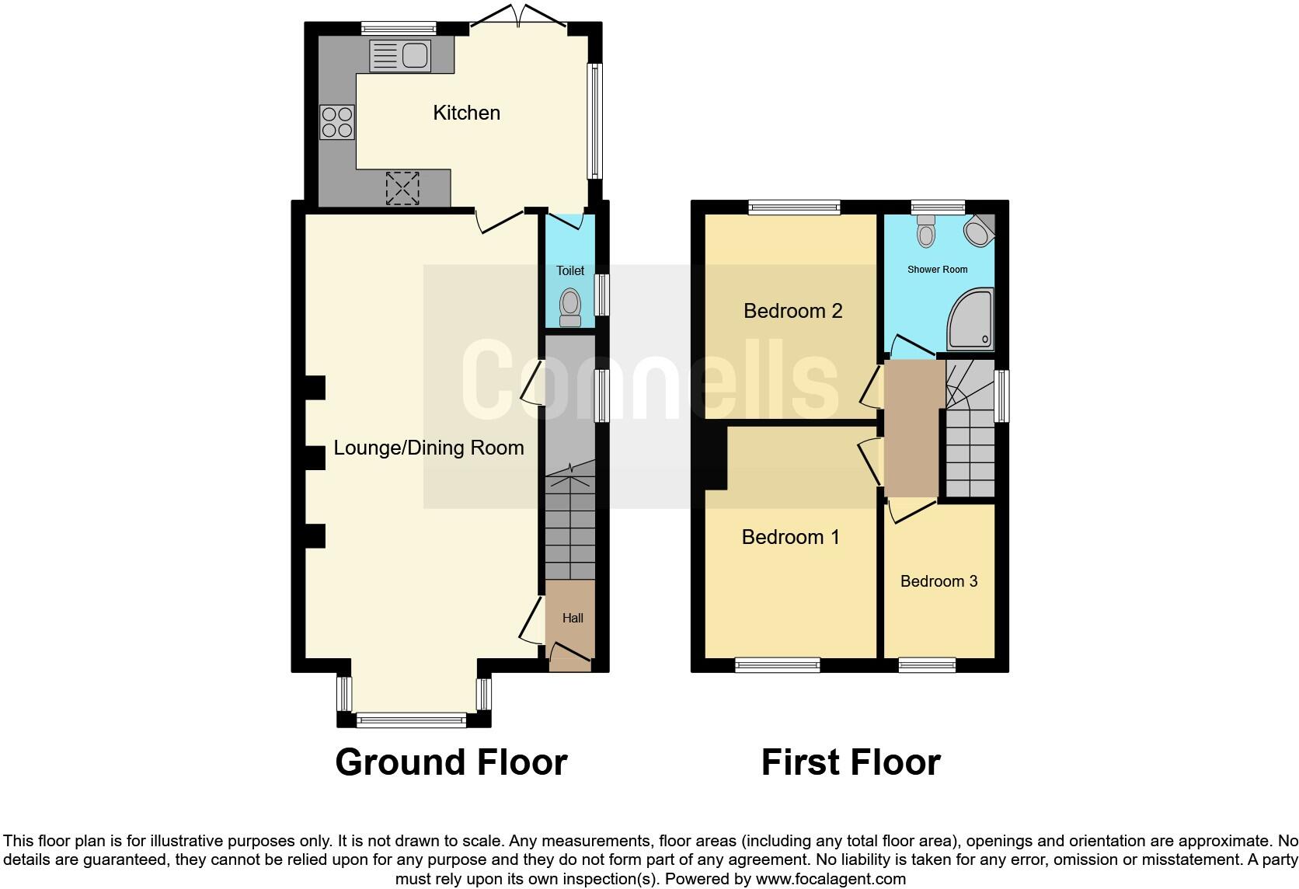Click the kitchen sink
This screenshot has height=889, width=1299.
(x=401, y=55)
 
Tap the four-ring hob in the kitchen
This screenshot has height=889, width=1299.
(x=337, y=122)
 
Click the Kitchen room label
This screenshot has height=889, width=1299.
(x=466, y=113)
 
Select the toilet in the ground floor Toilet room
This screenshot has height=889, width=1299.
(x=570, y=307)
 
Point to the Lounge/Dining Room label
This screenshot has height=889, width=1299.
(x=429, y=448)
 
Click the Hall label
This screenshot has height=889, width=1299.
(x=573, y=618)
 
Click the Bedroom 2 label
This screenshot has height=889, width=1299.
(x=792, y=311)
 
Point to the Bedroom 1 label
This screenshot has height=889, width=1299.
(x=790, y=537)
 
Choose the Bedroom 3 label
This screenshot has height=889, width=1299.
(x=939, y=581)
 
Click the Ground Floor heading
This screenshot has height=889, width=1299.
(x=451, y=762)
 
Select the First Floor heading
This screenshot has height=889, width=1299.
(x=851, y=762)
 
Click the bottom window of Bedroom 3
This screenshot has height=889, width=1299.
(x=927, y=664)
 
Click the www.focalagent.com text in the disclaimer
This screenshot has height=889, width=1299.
(x=830, y=879)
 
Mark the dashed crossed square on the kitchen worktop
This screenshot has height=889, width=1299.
(x=402, y=188)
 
